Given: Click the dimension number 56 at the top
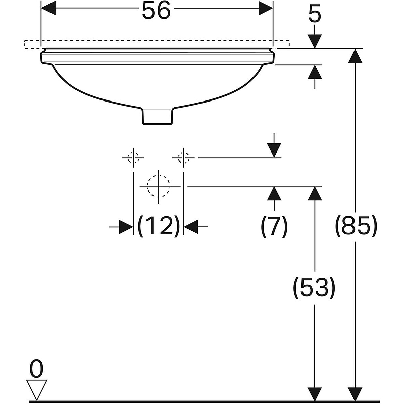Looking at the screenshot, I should pos(156,11).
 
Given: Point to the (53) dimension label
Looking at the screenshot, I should pos(314,287).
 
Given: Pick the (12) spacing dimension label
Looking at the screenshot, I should pos(159,226).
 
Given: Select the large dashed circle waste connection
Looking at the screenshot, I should pos(159,185).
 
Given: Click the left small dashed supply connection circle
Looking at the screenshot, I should pos(133,158).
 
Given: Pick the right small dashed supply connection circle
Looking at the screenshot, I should pos(184,158).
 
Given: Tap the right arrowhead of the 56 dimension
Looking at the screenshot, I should pos(266,8).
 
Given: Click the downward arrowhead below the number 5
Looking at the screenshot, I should pos(314,42).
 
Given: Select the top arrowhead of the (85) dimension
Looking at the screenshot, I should pos(356,56).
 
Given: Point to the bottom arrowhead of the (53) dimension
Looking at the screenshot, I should pos(314,394).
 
